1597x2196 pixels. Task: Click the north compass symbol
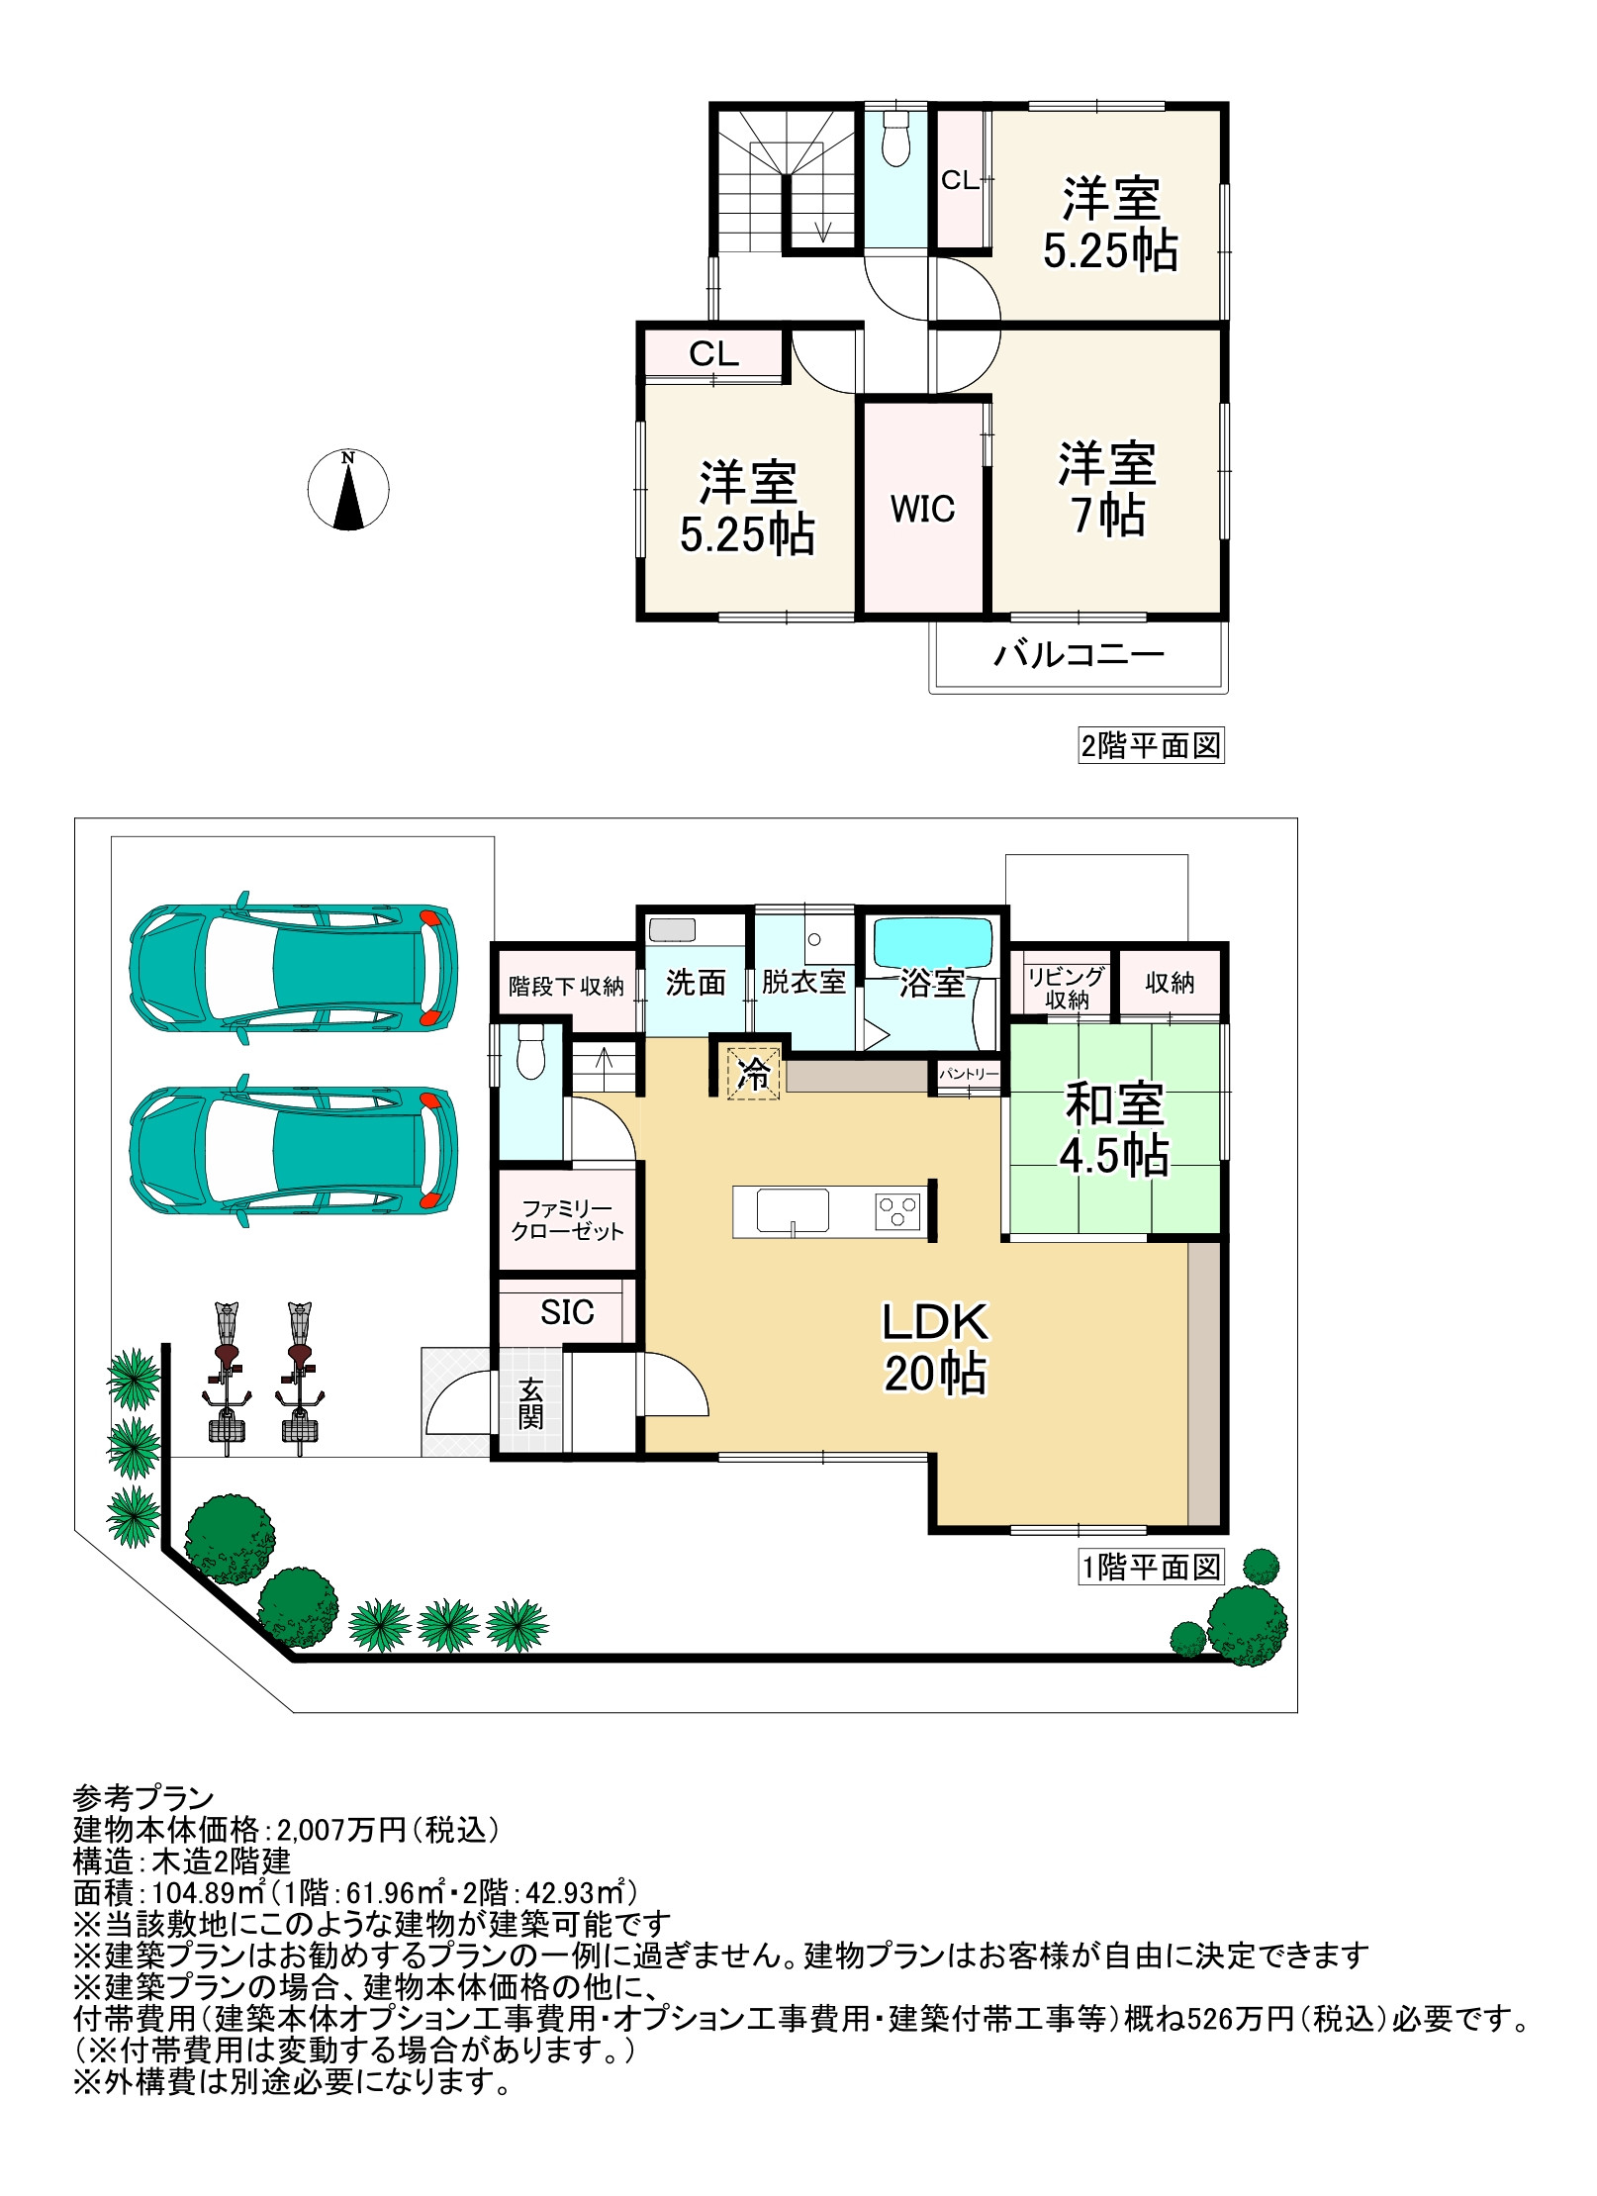[x=347, y=490]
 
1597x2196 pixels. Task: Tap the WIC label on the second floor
[x=922, y=510]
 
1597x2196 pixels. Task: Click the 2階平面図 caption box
[x=1152, y=745]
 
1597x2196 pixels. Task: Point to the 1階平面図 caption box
[x=1152, y=1567]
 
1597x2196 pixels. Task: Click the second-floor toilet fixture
[x=895, y=139]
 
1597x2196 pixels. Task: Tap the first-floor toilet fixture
[x=532, y=1051]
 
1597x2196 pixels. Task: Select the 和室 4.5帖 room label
[x=1114, y=1130]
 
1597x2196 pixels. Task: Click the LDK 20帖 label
[x=935, y=1348]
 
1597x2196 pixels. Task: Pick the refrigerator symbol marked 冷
[x=754, y=1073]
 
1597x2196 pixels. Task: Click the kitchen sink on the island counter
[x=793, y=1209]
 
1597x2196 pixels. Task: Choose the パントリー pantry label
[x=969, y=1074]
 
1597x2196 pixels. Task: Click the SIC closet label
[x=567, y=1312]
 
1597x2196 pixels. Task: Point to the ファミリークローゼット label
[x=568, y=1220]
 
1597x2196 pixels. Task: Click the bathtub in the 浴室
[x=932, y=943]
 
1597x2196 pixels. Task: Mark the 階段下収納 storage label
[x=566, y=986]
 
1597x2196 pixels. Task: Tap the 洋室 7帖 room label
[x=1107, y=489]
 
